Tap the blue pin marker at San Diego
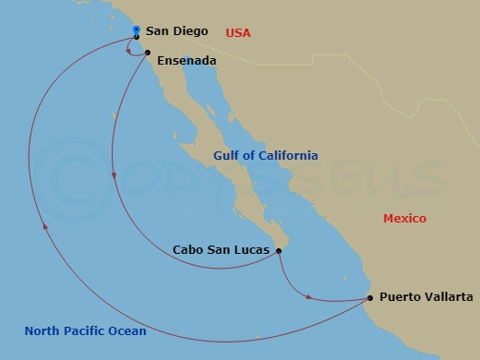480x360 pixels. pos(137,31)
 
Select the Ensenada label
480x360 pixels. pos(186,61)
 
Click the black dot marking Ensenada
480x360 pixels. pos(148,53)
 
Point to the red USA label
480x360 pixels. pos(239,33)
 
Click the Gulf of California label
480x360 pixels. pos(265,156)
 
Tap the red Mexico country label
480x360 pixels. pos(405,219)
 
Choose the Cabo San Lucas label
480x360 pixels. pos(222,250)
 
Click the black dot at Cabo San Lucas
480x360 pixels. pos(279,249)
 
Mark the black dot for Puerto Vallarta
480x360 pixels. pos(369,297)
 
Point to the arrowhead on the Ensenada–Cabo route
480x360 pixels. pos(114,175)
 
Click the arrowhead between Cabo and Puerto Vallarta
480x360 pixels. pos(307,295)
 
